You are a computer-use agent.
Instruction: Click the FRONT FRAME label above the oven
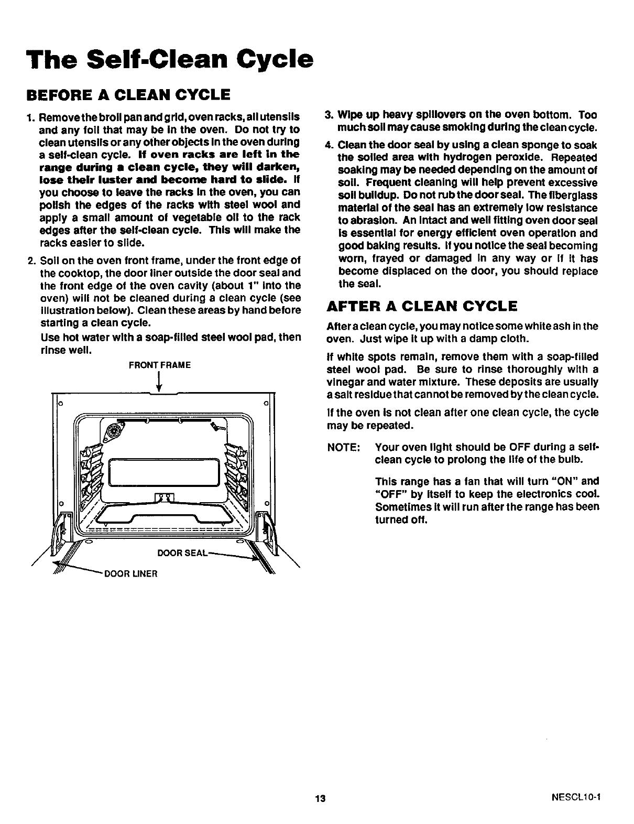159,365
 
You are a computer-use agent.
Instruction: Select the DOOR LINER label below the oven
132,573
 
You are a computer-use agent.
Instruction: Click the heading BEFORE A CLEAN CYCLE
128,95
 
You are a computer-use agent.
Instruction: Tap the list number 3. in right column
329,115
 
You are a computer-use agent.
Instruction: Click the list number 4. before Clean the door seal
329,145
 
